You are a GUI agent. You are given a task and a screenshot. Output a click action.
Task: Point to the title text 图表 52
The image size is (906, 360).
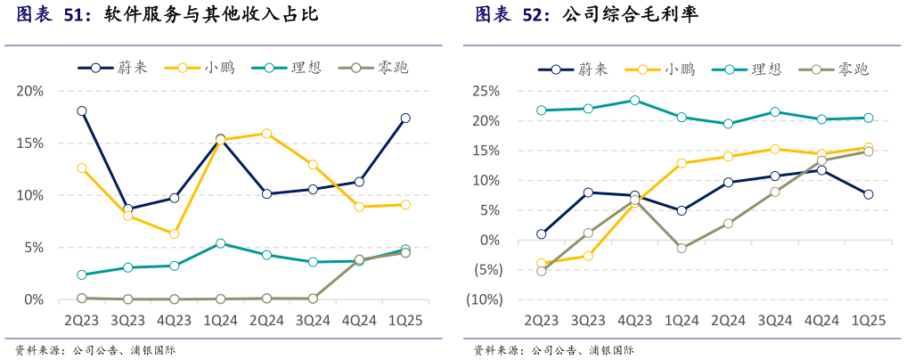click(512, 15)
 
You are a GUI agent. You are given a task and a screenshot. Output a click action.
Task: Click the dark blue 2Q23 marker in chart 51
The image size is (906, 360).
click(82, 111)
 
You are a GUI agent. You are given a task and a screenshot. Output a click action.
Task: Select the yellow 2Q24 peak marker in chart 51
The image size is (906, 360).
click(266, 134)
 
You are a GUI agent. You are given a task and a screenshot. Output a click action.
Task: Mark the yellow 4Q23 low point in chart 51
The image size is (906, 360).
click(175, 233)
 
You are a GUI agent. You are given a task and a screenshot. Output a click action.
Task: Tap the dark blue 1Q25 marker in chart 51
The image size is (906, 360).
click(405, 118)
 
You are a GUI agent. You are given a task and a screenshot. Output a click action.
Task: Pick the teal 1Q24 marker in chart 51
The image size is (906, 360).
click(221, 243)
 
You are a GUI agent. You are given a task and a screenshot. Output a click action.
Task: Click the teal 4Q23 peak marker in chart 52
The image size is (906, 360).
click(634, 100)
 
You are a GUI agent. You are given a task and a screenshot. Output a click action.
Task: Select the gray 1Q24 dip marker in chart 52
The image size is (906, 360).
click(682, 249)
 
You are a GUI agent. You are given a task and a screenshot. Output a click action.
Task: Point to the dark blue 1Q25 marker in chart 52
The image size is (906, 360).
click(868, 194)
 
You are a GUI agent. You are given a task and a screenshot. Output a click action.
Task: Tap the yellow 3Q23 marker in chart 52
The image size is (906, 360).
click(588, 256)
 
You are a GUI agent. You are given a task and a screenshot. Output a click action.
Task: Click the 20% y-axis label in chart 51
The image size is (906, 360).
click(30, 91)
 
